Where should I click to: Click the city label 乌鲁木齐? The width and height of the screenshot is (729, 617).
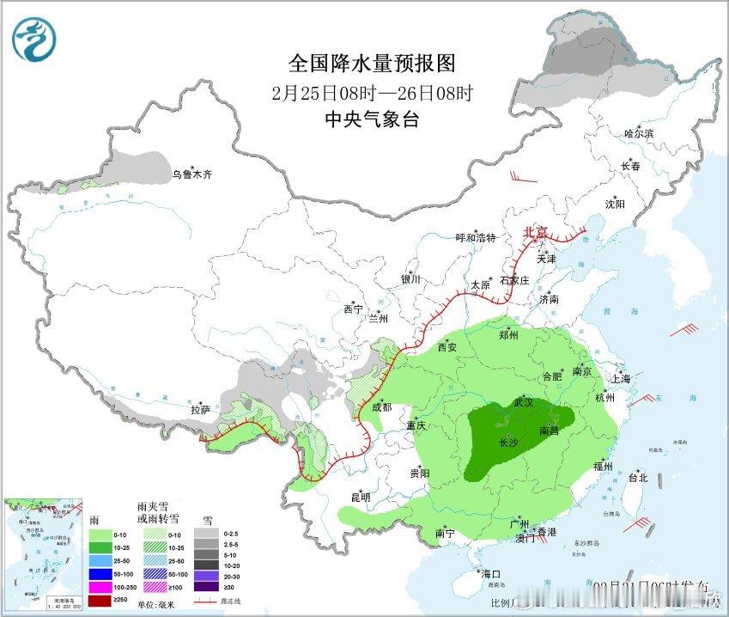[x=191, y=174]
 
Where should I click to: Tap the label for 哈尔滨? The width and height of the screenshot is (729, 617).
[x=639, y=133]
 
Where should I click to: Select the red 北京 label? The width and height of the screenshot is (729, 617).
[x=536, y=232]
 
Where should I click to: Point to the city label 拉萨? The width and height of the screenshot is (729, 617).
[x=200, y=411]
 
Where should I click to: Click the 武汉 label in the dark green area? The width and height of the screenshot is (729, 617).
[x=524, y=402]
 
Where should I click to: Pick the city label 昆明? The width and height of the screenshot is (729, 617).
[x=360, y=497]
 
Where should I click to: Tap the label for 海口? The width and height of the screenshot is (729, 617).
[x=491, y=573]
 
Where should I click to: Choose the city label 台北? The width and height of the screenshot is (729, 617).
[x=638, y=478]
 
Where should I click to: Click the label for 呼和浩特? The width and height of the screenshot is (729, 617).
[x=476, y=238]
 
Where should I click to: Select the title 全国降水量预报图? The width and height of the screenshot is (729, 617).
[x=372, y=63]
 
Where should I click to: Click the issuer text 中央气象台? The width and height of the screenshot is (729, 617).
[x=372, y=120]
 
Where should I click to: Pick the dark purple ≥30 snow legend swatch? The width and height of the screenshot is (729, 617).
[x=207, y=586]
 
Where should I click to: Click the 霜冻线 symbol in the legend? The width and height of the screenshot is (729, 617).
[x=206, y=601]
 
